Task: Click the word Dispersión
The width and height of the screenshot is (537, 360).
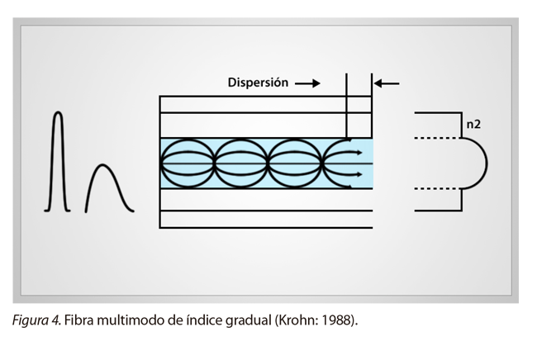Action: [x=258, y=83]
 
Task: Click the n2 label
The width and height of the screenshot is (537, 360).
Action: [x=473, y=126]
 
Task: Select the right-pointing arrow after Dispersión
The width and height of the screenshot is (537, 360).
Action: [x=307, y=83]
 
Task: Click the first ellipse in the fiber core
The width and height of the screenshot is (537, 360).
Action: [x=187, y=163]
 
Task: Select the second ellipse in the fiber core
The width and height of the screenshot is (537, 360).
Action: [x=242, y=163]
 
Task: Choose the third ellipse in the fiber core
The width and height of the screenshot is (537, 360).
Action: [x=297, y=163]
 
